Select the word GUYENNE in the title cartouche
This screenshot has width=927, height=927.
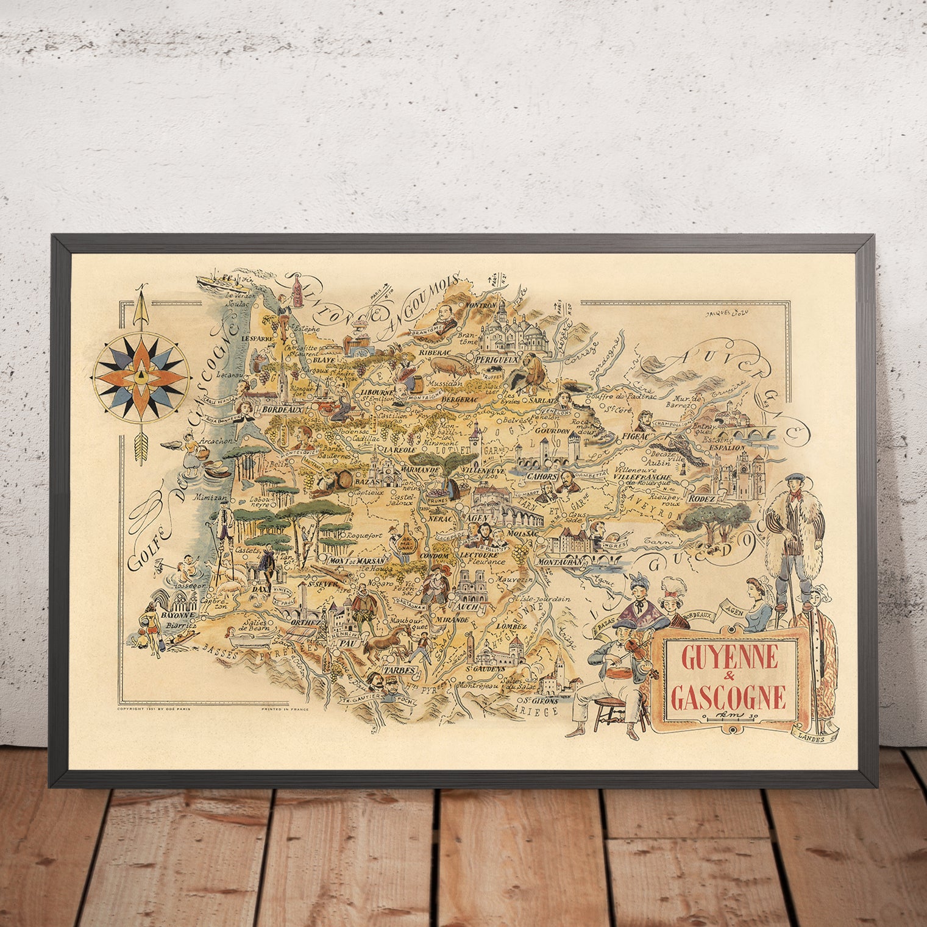(729, 656)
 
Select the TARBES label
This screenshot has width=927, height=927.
(399, 670)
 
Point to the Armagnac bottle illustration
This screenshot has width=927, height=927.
(403, 538)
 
